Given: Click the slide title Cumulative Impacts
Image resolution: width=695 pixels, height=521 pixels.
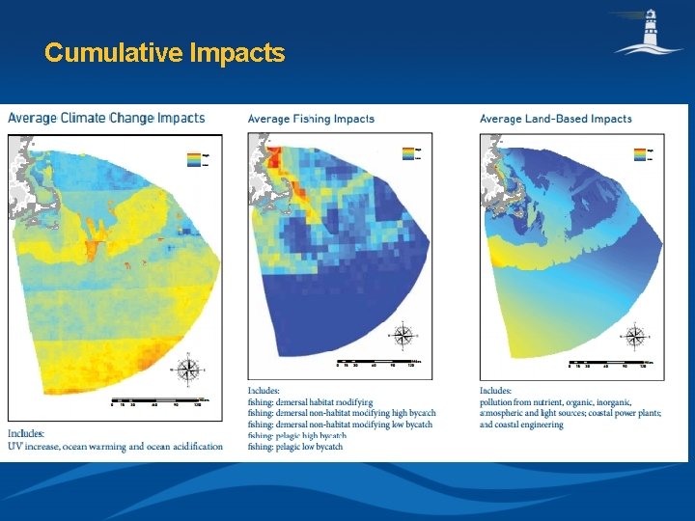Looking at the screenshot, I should coord(164,52).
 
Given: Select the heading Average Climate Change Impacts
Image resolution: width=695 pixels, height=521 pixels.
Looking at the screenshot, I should coord(106,119).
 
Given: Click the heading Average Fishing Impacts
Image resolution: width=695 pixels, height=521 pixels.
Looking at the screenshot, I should coord(311,119).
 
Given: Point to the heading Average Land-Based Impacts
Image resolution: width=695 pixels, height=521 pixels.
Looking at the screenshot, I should coord(555,119).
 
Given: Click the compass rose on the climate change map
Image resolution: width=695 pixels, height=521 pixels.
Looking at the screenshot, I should coord(190,368).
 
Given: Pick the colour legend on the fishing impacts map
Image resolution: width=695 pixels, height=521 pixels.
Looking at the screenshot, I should coord(409,153).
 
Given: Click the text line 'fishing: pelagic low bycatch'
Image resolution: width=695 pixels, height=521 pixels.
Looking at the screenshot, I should coord(295,447).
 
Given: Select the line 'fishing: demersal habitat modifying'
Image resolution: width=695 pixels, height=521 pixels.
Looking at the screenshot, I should coord(310,401).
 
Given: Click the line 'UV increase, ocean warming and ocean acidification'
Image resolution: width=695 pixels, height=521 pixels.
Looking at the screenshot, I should coord(115,446).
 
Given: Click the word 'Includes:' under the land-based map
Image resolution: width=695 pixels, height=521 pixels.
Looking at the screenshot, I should coord(496,391).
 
